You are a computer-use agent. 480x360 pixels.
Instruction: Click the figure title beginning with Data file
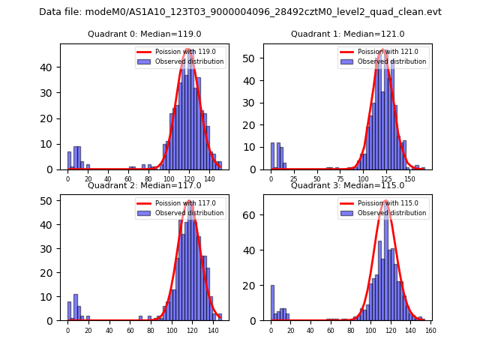(x=240, y=12)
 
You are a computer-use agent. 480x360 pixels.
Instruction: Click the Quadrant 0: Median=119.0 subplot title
(x=145, y=34)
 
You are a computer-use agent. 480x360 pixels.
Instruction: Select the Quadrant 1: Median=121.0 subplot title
(x=347, y=34)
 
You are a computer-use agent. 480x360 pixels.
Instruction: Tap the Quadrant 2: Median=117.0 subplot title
(x=145, y=185)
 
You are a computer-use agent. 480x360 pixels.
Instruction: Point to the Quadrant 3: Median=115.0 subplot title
(x=347, y=185)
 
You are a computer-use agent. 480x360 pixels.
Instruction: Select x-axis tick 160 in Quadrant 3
(x=430, y=330)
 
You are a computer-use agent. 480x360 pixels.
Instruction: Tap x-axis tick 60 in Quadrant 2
(x=130, y=330)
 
